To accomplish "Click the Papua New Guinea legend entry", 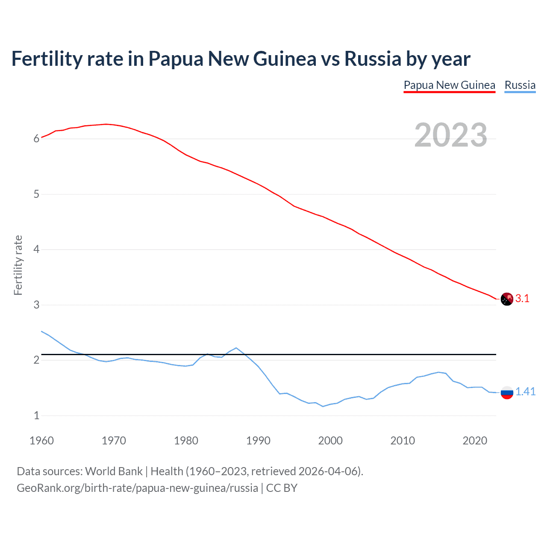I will (449, 85).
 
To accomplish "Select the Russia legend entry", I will (520, 85).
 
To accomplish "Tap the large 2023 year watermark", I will (451, 135).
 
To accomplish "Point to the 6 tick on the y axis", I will (36, 138).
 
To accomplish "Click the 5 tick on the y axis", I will (36, 194).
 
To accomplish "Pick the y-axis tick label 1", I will (36, 415).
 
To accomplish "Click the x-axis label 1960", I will (41, 441).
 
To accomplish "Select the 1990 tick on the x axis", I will (258, 441).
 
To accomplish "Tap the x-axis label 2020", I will (475, 441).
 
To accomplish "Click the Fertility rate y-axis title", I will (18, 265).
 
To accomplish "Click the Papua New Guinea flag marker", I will (507, 299).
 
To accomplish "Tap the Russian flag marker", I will (507, 392).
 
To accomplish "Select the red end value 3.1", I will (522, 299).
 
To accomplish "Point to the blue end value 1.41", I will (525, 391).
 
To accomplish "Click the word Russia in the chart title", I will (373, 59).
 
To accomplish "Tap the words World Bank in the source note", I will (114, 471).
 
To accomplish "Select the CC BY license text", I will (282, 488).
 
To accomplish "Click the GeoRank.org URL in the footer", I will (137, 488).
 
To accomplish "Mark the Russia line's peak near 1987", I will (236, 348).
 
